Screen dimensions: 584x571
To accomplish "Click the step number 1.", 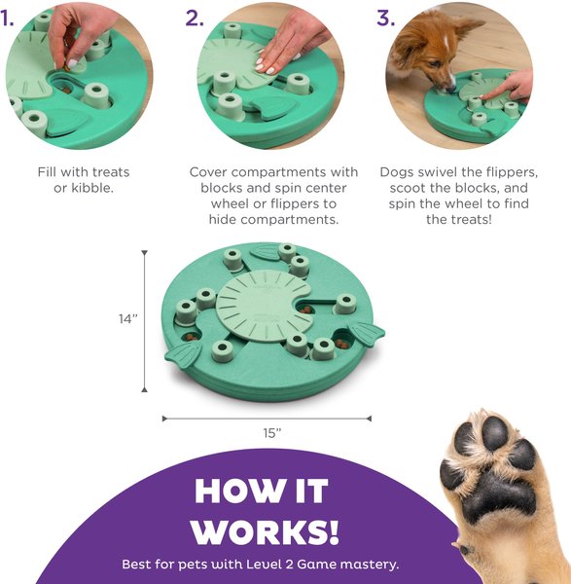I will pos(10,18).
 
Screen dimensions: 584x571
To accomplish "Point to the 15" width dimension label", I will pos(271,431).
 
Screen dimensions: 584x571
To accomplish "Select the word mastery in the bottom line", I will pos(369,564).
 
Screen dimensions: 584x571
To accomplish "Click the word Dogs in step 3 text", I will pos(398,172).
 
